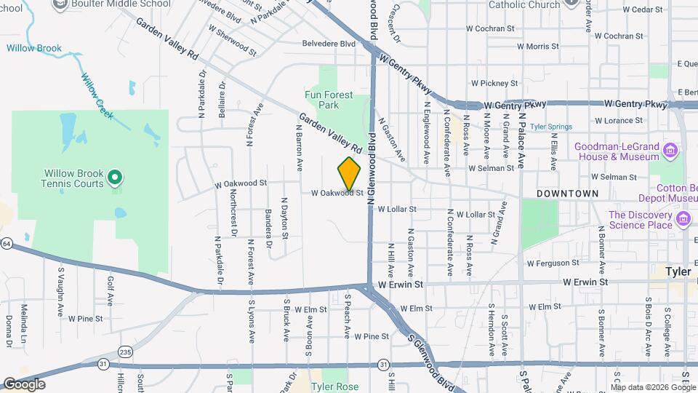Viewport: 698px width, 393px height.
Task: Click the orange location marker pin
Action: tap(350, 173)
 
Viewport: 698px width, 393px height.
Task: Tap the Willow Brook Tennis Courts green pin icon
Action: tap(114, 177)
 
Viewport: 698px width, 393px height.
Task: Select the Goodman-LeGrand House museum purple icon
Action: tap(671, 151)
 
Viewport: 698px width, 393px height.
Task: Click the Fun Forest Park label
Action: tap(329, 100)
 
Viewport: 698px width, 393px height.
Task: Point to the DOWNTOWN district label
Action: tap(568, 194)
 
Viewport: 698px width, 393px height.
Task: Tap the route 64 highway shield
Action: tap(6, 243)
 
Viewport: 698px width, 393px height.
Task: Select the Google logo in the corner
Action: tap(23, 384)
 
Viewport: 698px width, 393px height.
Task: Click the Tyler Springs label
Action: tap(550, 126)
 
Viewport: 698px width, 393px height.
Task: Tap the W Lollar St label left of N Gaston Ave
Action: tap(397, 209)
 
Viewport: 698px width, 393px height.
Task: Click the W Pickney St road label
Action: tap(493, 84)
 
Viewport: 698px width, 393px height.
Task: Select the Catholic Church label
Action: tap(524, 4)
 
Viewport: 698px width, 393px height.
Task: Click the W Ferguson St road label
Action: tap(553, 263)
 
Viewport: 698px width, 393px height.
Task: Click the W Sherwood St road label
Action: tap(232, 41)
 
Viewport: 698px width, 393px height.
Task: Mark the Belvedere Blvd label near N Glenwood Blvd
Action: tap(329, 44)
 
